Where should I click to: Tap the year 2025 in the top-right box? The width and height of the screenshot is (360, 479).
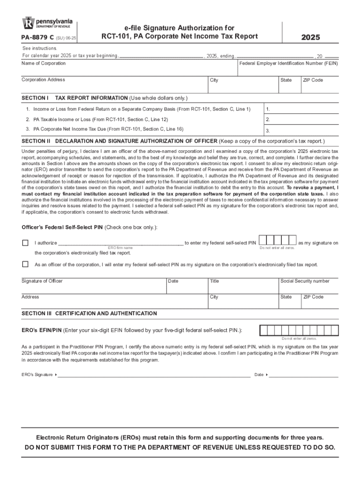tap(310, 37)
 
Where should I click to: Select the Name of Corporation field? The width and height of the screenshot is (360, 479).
tap(129, 70)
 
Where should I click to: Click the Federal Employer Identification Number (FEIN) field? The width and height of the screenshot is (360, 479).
tap(288, 70)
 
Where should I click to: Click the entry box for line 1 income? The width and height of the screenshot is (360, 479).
tap(302, 109)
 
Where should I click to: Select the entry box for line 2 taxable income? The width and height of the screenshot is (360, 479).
tap(302, 120)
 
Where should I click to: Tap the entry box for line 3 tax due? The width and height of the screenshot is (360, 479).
tap(302, 131)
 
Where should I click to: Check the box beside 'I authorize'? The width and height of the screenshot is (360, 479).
tap(25, 243)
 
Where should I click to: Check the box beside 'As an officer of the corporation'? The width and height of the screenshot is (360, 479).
tap(25, 264)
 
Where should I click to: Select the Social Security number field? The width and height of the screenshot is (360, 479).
tap(308, 287)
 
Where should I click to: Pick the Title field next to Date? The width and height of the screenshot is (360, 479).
tap(242, 287)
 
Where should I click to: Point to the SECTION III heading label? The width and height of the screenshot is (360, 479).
tap(37, 313)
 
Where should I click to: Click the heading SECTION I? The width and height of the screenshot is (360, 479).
tap(35, 98)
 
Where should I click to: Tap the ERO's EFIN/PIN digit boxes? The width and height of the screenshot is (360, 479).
tap(299, 330)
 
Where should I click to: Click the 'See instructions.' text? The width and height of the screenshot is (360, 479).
tap(40, 48)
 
